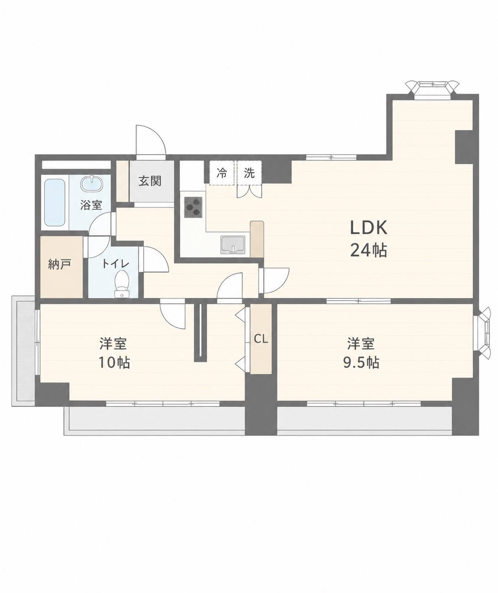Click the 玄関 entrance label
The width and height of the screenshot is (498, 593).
coord(150,181)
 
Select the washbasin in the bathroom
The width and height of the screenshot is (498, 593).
coord(92,184)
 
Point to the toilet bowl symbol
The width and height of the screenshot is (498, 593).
coord(122,284)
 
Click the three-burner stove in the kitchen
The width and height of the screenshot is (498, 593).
coord(193,207)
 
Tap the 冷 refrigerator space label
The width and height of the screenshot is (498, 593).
coord(222,173)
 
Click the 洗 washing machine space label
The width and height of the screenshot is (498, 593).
coord(249,173)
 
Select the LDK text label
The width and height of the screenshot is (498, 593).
coord(368,227)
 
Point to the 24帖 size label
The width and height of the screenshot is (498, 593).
coord(368,250)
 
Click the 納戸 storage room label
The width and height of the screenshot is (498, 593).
coord(59,264)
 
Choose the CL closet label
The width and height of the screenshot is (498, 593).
coord(261,339)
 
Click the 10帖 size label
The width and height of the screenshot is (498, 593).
coord(114,363)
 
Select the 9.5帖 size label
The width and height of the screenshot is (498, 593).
coord(361,363)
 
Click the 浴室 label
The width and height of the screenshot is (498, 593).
coord(91,205)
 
